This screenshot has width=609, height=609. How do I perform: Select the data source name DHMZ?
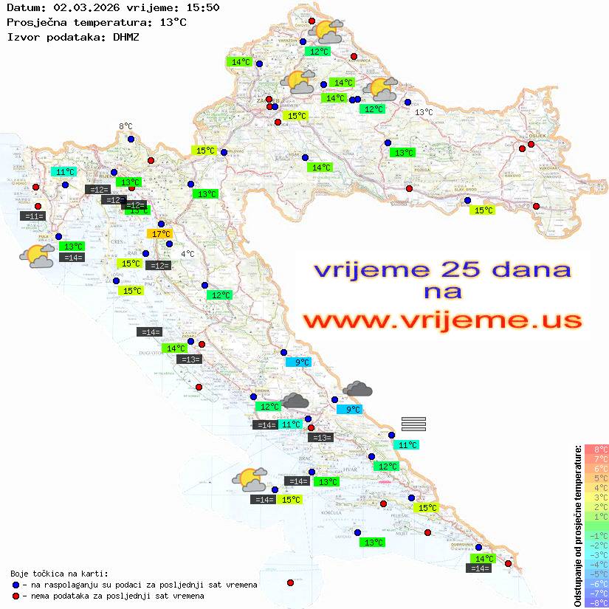point(129,36)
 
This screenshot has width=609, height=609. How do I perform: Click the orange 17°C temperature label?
point(160,234)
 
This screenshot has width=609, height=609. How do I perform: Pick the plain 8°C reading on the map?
point(126,127)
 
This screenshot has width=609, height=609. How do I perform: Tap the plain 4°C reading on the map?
point(187,254)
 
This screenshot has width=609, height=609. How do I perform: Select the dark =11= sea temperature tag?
point(34,216)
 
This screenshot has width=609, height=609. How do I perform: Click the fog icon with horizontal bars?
point(413,424)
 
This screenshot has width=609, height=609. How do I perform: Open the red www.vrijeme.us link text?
point(441,320)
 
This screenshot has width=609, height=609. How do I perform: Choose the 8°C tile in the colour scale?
point(596,450)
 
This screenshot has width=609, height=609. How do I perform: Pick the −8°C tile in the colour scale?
point(596,603)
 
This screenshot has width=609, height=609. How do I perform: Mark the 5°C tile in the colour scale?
point(596,478)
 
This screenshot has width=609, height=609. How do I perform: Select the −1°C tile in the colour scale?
point(596,536)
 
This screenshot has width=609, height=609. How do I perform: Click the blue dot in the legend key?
point(16,585)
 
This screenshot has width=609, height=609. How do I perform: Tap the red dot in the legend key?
point(16,596)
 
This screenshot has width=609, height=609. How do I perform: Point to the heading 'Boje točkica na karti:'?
point(59,574)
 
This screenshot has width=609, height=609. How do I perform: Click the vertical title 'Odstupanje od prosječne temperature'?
point(578,526)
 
